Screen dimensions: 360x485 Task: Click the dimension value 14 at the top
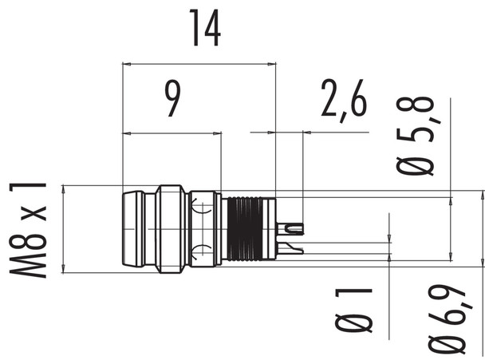203,28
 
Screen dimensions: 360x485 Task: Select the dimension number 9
172,99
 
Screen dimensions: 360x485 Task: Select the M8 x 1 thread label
29,228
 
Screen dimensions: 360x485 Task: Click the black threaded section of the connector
250,228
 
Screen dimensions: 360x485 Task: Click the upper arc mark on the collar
203,208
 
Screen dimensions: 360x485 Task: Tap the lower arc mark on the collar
203,249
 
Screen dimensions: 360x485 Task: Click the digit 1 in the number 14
194,28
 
